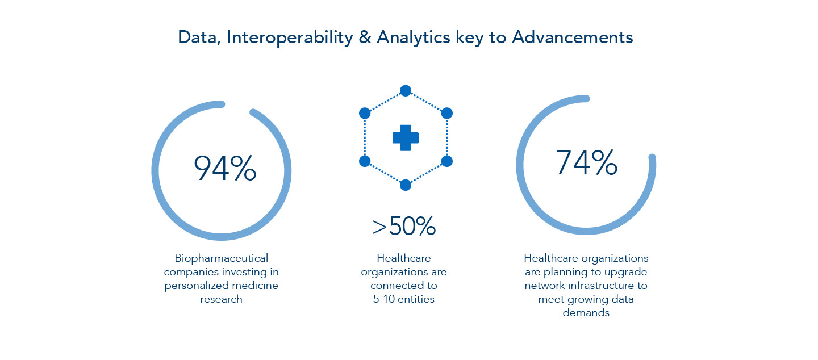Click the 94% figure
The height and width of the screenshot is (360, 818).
click(x=225, y=169)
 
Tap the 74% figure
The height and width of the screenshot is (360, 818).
click(x=586, y=162)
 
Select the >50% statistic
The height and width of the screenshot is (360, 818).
click(x=404, y=226)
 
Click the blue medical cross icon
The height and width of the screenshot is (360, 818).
click(x=406, y=138)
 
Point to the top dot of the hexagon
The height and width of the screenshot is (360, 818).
click(x=406, y=90)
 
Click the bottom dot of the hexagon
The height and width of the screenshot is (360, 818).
click(x=406, y=185)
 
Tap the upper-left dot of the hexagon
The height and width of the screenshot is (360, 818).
click(x=365, y=114)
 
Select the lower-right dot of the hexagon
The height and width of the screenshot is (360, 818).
click(x=446, y=161)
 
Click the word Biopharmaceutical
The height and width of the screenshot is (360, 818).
click(x=222, y=258)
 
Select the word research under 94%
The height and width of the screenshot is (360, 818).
click(x=222, y=299)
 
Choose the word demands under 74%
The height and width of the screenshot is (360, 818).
click(x=586, y=313)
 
